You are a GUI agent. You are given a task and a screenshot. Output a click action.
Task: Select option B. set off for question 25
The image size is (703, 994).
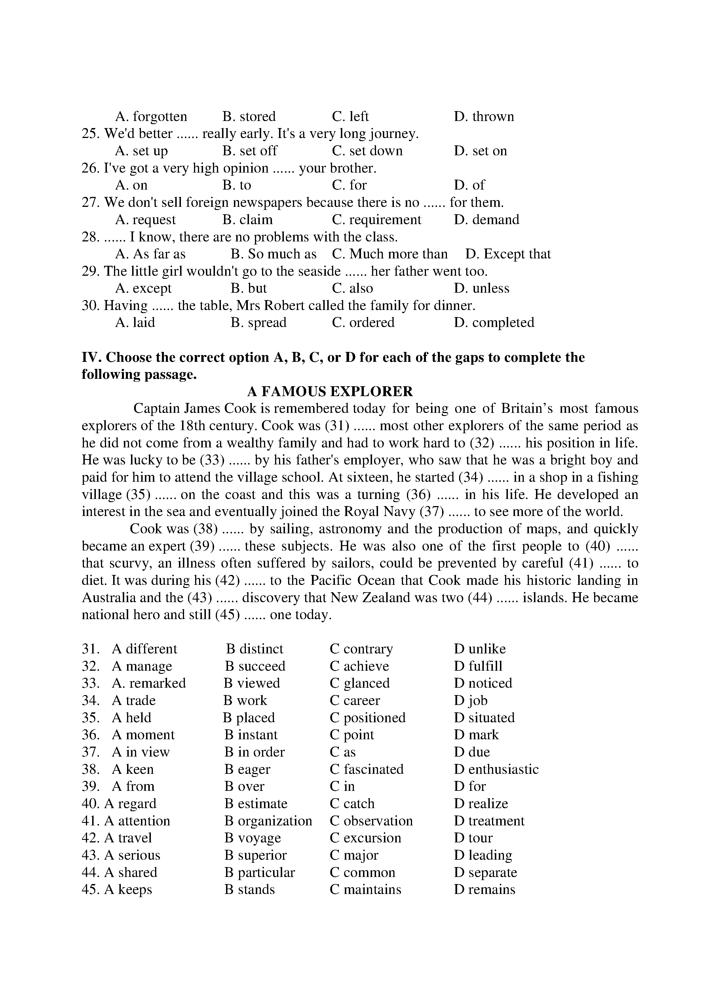pyautogui.click(x=250, y=151)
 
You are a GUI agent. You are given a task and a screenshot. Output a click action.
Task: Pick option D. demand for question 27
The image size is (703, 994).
pyautogui.click(x=486, y=220)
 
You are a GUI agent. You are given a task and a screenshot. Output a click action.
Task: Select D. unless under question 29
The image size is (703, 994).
pyautogui.click(x=481, y=288)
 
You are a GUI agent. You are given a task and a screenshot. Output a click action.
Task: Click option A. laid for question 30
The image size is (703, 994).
pyautogui.click(x=135, y=322)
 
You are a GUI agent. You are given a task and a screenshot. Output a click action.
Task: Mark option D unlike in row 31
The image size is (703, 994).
pyautogui.click(x=480, y=649)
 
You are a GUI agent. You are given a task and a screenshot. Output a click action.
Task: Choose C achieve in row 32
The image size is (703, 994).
pyautogui.click(x=359, y=666)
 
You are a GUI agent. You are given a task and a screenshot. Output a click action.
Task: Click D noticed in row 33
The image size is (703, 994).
pyautogui.click(x=483, y=683)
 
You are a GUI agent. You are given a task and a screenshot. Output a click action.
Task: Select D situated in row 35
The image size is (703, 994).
pyautogui.click(x=484, y=718)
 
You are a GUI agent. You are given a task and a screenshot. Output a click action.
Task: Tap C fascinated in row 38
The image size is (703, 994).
pyautogui.click(x=366, y=769)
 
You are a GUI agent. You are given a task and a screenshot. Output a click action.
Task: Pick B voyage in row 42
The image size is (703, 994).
pyautogui.click(x=252, y=838)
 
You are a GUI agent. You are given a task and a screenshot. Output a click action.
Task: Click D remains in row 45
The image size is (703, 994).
pyautogui.click(x=484, y=890)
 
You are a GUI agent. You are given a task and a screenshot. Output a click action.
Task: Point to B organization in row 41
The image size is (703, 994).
pyautogui.click(x=268, y=821)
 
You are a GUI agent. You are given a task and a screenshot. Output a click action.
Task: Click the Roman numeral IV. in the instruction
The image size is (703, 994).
pyautogui.click(x=91, y=358)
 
